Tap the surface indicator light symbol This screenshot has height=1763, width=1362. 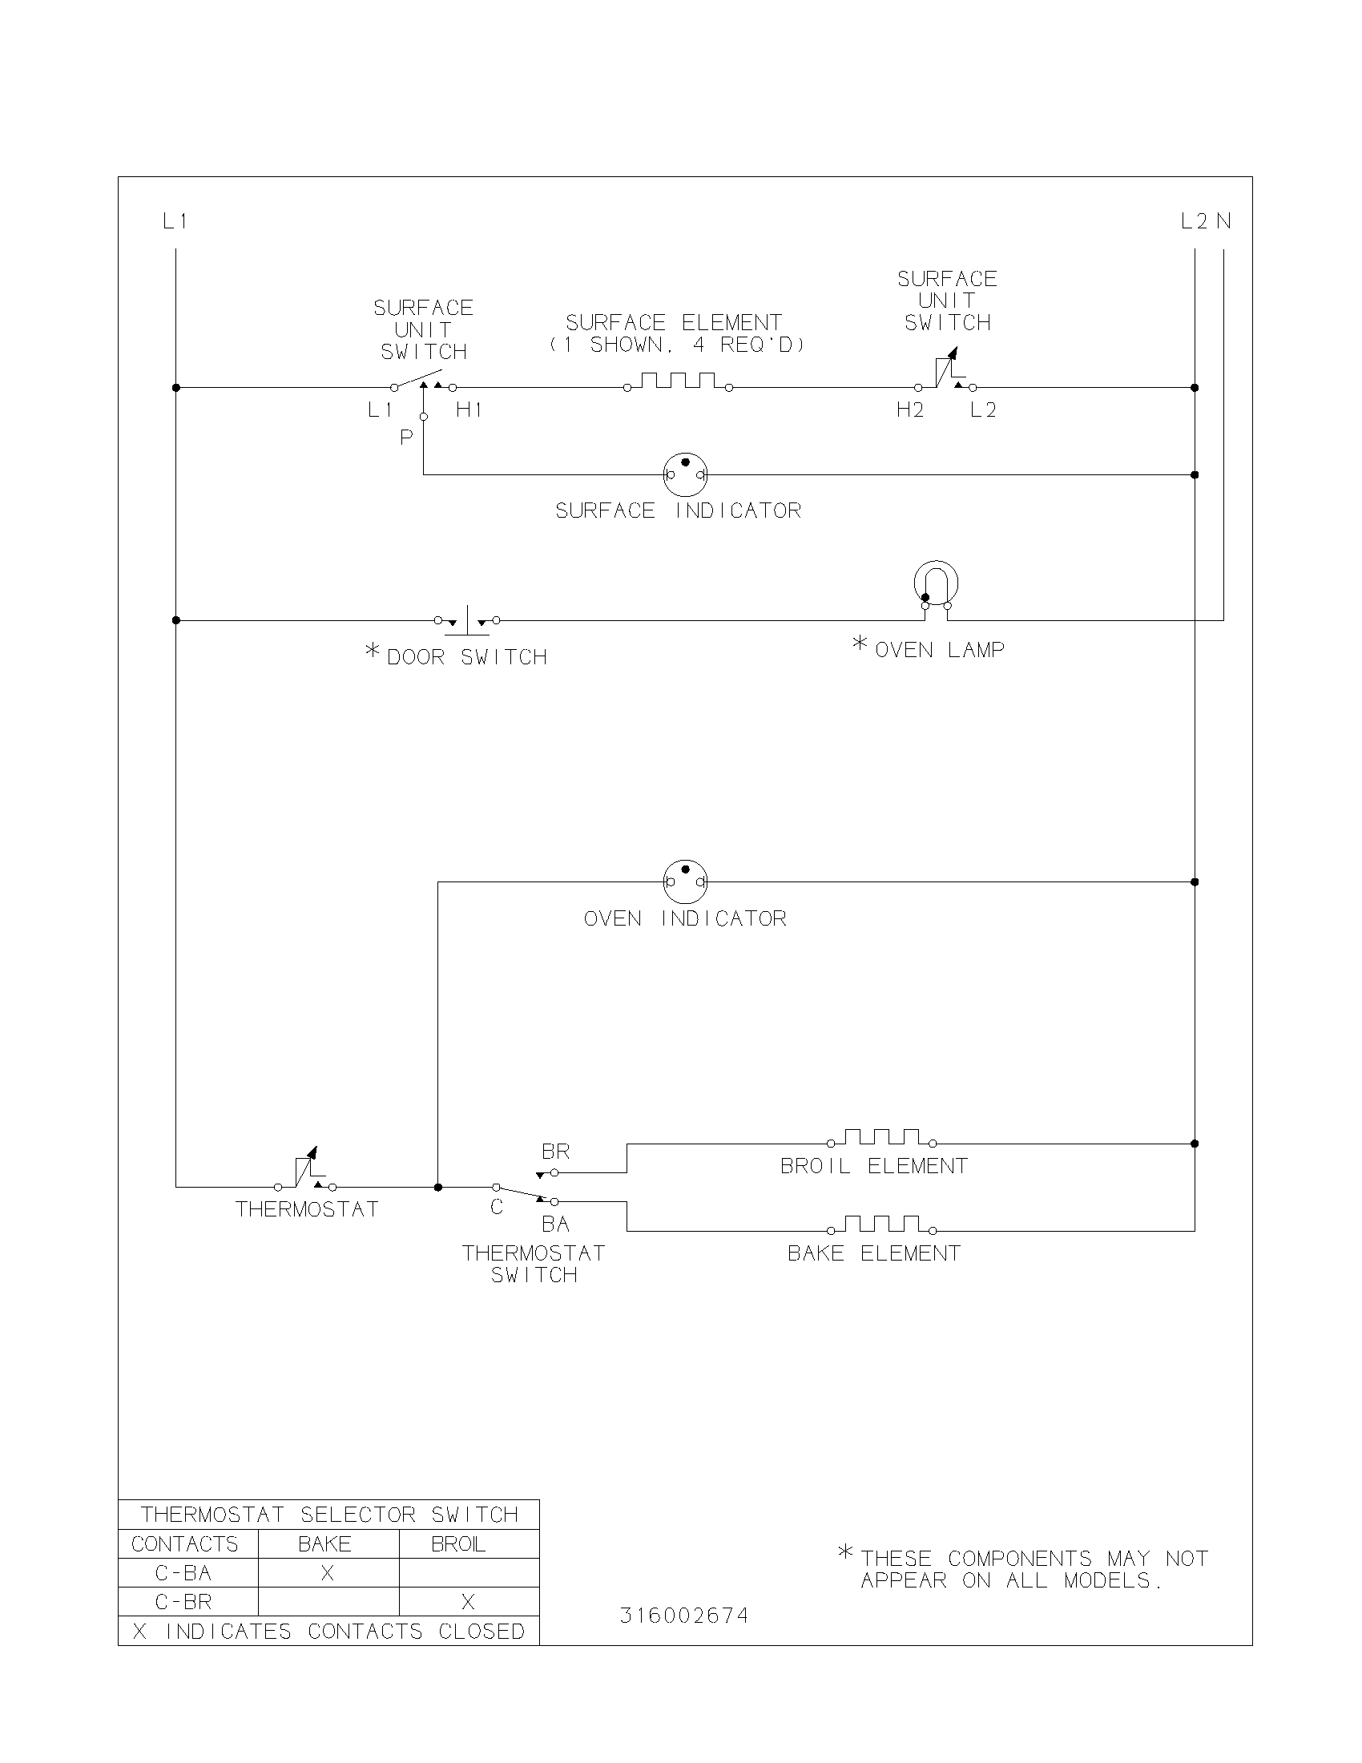coord(685,474)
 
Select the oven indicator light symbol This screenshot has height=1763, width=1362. coord(685,881)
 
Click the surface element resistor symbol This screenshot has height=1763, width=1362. coord(678,381)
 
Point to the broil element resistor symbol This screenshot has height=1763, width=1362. coord(881,1138)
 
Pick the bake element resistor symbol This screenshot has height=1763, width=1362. coord(881,1225)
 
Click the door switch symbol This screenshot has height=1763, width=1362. coord(467,620)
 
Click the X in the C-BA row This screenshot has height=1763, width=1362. coord(328,1573)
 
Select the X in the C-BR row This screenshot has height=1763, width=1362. coord(468,1603)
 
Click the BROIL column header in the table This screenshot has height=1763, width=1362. coord(457,1544)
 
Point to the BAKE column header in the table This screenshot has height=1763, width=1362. coord(324,1544)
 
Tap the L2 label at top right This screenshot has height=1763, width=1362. coord(1195,221)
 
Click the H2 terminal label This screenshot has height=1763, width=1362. coord(910,410)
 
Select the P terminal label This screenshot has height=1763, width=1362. coord(407,438)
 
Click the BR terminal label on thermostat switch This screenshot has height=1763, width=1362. coord(555,1152)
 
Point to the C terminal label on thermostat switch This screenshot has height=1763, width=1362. coord(497,1208)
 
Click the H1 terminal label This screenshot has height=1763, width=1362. coord(469,410)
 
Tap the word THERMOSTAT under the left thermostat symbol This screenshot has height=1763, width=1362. coord(307,1209)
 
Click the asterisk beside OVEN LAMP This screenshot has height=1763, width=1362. coord(860,643)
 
